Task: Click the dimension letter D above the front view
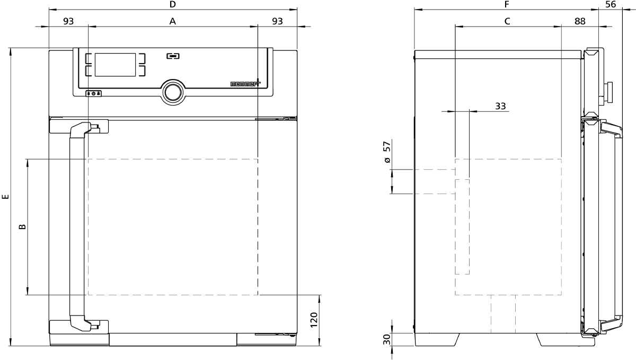pos(173,4)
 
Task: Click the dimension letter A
pos(173,21)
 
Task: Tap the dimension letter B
pos(22,227)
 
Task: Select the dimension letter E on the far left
pos(5,197)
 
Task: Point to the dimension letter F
pos(507,4)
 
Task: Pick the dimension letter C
pos(507,21)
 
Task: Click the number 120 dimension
pos(313,320)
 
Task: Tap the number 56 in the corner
pos(611,4)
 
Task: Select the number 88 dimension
pos(580,21)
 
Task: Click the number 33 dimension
pos(500,106)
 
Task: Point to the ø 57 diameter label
pos(387,152)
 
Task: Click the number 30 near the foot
pos(387,339)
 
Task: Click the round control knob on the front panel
pos(173,93)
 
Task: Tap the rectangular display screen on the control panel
pos(116,65)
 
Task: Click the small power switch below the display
pos(93,93)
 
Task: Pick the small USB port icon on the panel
pos(173,56)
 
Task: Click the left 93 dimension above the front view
pos(68,21)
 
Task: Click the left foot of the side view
pos(437,339)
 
